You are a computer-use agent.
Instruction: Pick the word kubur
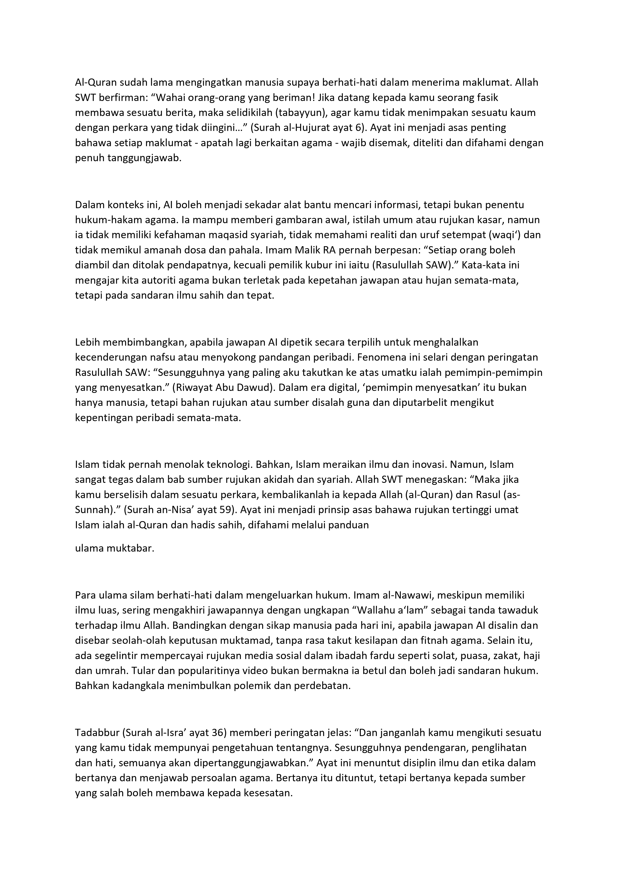pyautogui.click(x=332, y=265)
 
